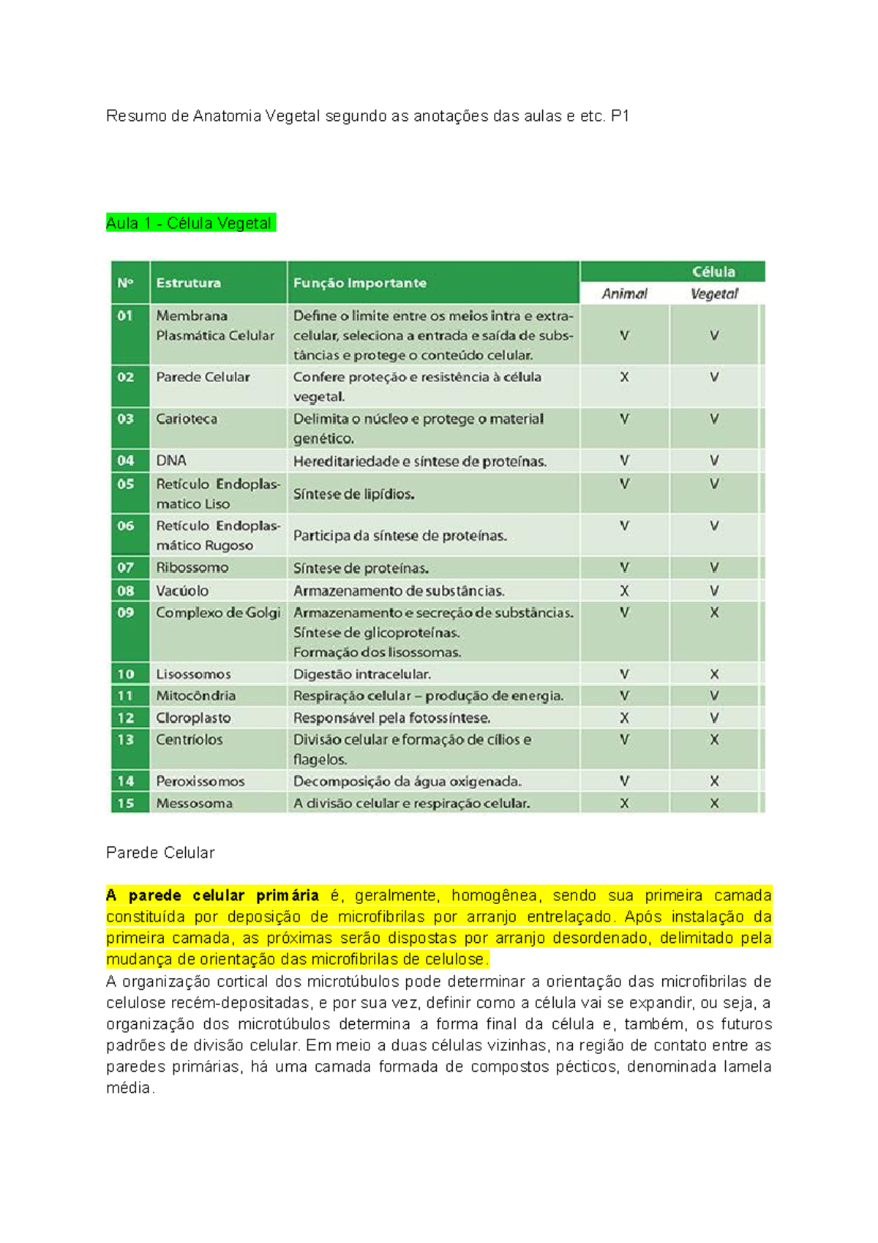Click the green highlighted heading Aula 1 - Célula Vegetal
(190, 223)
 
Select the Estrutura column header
(188, 283)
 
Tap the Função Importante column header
(359, 283)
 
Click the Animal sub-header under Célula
(624, 294)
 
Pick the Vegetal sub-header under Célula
(714, 294)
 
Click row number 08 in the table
(126, 591)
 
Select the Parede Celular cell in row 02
(203, 377)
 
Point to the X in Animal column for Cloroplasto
(624, 718)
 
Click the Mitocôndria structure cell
(195, 695)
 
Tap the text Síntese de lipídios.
(354, 494)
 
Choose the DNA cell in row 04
(171, 460)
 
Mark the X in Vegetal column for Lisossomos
(714, 674)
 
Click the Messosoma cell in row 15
(194, 803)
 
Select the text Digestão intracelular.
(362, 674)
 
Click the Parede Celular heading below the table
(160, 853)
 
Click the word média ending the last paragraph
(128, 1088)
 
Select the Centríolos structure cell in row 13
(189, 739)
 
